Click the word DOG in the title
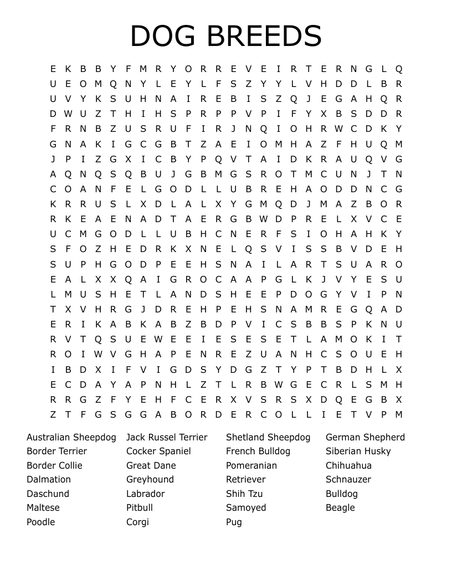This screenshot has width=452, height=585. point(165,36)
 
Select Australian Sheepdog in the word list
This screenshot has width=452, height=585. point(71,437)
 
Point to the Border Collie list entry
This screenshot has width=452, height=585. point(54,465)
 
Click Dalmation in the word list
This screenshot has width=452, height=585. point(49,479)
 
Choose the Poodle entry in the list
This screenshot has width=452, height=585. point(40,522)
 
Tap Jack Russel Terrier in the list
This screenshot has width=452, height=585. point(167,437)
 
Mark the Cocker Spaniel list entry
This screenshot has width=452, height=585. point(158,451)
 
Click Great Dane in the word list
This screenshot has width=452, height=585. point(151,465)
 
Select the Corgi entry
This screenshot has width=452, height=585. point(137,522)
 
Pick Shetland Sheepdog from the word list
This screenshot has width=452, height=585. point(268,437)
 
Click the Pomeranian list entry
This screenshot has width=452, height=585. point(251,465)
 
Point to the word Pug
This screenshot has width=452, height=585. point(234,522)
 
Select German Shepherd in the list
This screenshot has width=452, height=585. point(365,437)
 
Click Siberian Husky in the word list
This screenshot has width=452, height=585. point(358,451)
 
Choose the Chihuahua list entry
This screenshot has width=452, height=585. point(348,465)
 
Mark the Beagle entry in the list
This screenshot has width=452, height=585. point(340,507)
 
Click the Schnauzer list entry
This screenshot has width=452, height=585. point(348,479)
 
